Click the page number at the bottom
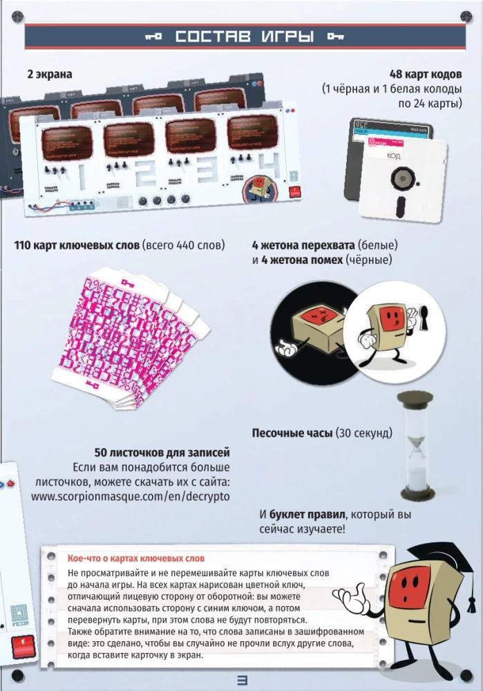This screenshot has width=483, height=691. [x=242, y=679]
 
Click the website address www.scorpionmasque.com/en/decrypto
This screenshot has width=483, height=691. [x=131, y=496]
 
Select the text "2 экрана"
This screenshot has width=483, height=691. [x=49, y=73]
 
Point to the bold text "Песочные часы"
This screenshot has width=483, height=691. [x=292, y=433]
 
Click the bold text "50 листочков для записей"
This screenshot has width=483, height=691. [x=162, y=453]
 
